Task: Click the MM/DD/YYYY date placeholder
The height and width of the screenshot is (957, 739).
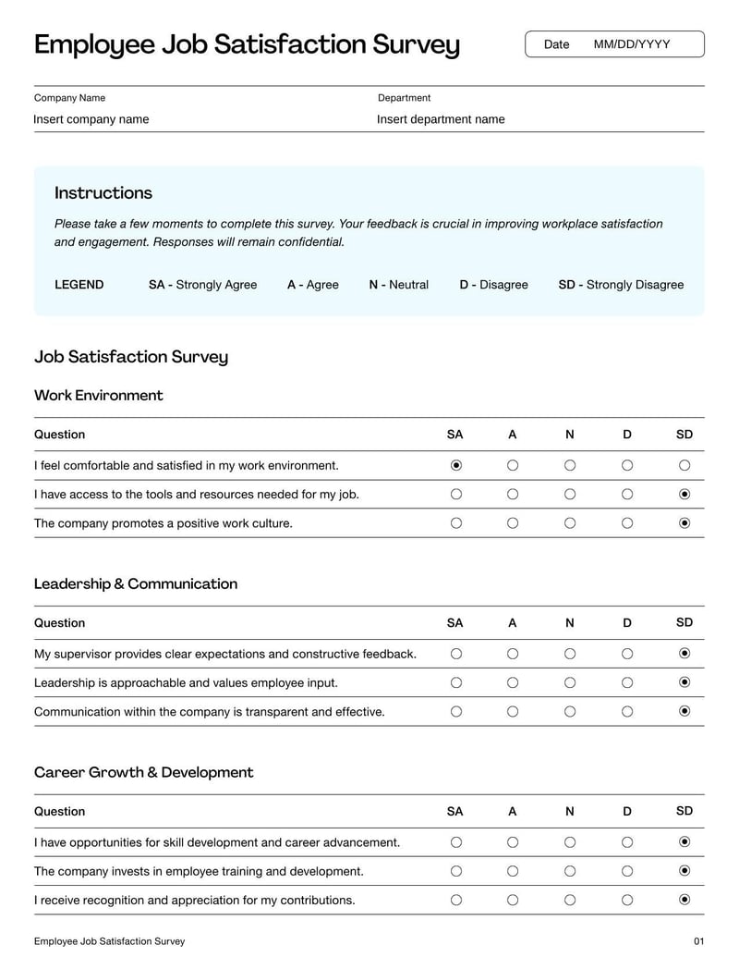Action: tap(632, 44)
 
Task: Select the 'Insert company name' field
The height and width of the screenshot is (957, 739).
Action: tap(91, 119)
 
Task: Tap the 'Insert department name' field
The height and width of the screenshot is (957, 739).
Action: tap(441, 119)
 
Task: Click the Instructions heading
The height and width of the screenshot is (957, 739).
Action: tap(103, 193)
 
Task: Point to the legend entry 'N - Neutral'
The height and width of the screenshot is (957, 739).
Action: tap(398, 285)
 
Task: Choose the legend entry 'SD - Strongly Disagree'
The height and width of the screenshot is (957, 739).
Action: tap(621, 285)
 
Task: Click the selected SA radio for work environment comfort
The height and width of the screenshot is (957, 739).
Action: tap(455, 465)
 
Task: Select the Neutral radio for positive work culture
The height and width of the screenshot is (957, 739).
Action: tap(570, 523)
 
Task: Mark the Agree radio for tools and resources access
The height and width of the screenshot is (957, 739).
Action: tap(513, 495)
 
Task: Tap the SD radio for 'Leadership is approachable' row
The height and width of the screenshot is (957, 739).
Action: tap(684, 683)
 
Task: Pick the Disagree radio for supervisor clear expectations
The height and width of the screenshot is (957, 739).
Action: tap(627, 654)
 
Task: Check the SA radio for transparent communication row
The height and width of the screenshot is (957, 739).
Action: tap(455, 712)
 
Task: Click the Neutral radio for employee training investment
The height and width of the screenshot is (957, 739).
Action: tap(570, 871)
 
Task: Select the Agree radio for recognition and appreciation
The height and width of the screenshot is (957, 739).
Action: tap(513, 900)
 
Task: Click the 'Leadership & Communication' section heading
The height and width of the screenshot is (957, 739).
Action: tap(136, 584)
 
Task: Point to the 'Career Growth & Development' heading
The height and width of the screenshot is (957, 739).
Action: tap(143, 773)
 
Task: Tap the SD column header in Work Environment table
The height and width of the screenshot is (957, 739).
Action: tap(684, 435)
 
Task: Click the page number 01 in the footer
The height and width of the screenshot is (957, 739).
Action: tap(698, 941)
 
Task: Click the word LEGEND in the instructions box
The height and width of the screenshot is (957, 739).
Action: tap(79, 285)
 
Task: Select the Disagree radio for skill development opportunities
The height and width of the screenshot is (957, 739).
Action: tap(627, 842)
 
